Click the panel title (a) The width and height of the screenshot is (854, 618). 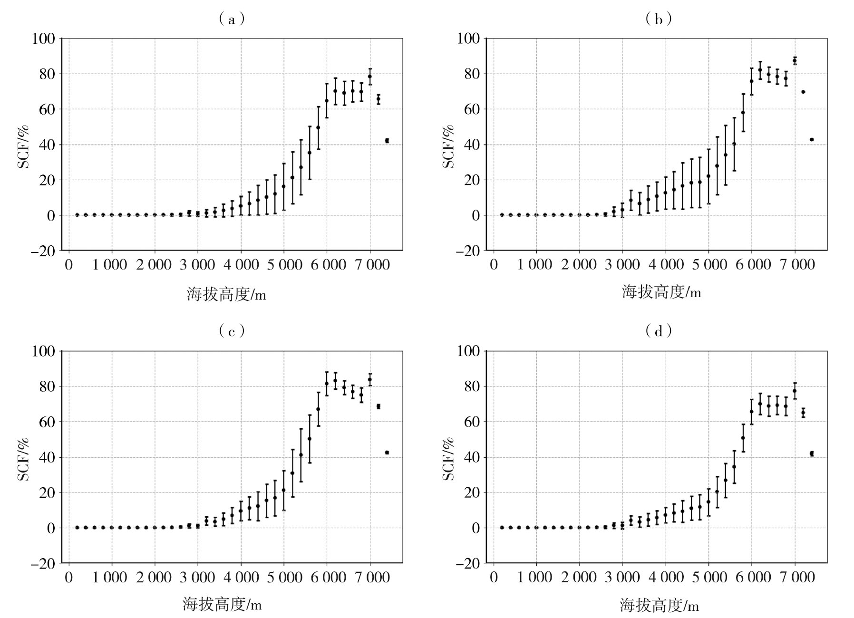click(x=232, y=19)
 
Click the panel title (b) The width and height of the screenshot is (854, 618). click(x=658, y=19)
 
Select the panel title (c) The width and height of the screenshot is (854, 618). click(x=232, y=331)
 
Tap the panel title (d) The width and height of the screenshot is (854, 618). click(x=658, y=331)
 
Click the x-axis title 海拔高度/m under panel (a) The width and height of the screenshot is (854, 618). click(x=226, y=295)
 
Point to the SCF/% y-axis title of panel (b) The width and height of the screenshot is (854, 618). click(x=449, y=146)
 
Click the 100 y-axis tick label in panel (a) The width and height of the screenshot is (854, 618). click(x=43, y=39)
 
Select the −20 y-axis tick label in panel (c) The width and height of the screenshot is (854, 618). click(x=43, y=563)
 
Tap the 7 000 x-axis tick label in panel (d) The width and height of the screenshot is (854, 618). click(x=797, y=578)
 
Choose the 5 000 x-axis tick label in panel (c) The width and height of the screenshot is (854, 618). click(x=284, y=578)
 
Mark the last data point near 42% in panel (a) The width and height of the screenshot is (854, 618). click(x=387, y=141)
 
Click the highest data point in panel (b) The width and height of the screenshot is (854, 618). click(x=795, y=60)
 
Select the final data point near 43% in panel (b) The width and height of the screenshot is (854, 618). click(x=812, y=139)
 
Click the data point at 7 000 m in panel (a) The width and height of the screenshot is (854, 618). click(x=370, y=76)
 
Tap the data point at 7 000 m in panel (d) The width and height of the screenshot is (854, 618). click(x=795, y=391)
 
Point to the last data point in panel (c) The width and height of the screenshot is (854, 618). click(x=387, y=453)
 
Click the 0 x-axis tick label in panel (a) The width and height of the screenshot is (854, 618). click(x=69, y=265)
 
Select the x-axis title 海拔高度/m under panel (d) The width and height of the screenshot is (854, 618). click(x=659, y=606)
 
